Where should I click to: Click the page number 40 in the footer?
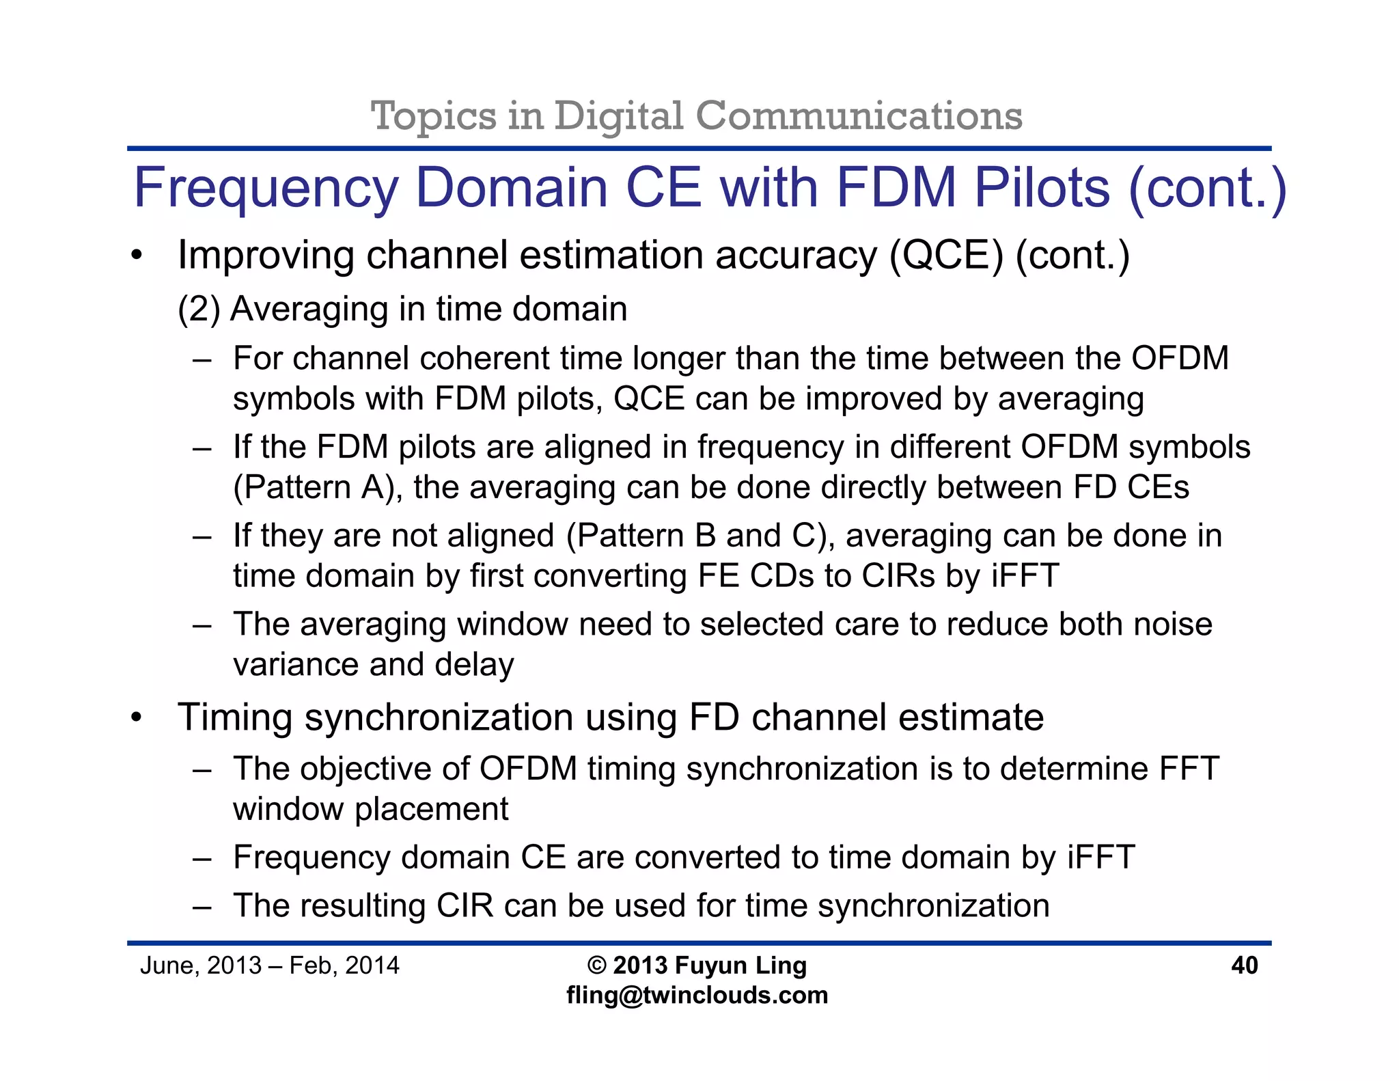click(1244, 965)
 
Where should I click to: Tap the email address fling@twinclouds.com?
click(697, 995)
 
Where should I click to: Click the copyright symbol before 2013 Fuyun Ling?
click(596, 965)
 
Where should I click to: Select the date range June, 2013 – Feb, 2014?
click(269, 965)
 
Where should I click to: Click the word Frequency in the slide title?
click(266, 189)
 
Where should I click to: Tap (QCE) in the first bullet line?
click(946, 256)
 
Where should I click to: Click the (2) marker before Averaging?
click(199, 309)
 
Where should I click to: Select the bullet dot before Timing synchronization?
click(137, 718)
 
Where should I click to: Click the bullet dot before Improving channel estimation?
click(137, 256)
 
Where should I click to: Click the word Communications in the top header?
click(859, 115)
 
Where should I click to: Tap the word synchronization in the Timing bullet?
click(439, 717)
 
